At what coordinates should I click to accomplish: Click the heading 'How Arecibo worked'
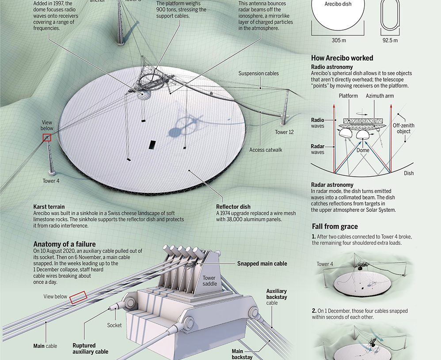(342, 58)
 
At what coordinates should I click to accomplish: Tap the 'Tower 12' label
(284, 132)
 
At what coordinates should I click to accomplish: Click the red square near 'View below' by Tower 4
(47, 138)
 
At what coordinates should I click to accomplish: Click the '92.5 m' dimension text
(389, 40)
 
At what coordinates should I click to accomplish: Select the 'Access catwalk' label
(266, 150)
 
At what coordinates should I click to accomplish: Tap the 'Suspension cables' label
(259, 73)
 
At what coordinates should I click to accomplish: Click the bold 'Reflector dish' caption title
(233, 207)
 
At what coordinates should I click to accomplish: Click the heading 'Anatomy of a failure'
(65, 244)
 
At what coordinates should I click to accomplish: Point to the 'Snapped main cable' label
(262, 264)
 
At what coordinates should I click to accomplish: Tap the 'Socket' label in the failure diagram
(114, 325)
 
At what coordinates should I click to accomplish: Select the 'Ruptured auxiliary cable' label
(90, 349)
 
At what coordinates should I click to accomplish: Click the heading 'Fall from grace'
(335, 227)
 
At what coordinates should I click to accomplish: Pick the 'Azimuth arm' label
(380, 96)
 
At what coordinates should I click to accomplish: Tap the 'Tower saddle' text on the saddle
(209, 281)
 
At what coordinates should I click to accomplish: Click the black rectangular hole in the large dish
(152, 145)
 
